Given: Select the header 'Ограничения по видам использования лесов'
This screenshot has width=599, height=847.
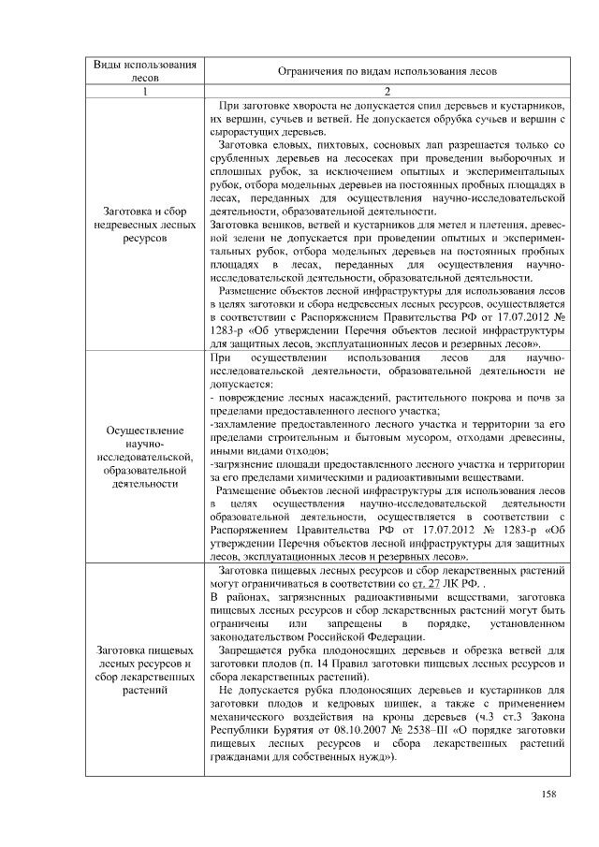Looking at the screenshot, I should tap(387, 71).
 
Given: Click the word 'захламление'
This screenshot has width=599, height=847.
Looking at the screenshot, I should tap(249, 425).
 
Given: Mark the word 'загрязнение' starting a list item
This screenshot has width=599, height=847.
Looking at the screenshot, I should tap(247, 464).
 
